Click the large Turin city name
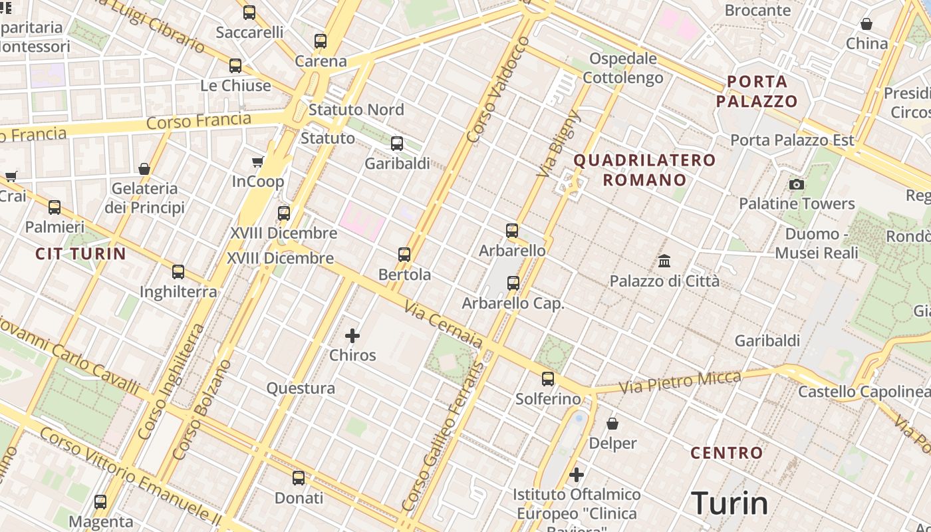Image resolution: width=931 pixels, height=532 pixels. coord(730,503)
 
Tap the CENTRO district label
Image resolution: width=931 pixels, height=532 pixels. coord(727,454)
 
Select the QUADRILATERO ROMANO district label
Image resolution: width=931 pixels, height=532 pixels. coord(644,170)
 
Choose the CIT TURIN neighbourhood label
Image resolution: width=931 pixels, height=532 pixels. coord(80,253)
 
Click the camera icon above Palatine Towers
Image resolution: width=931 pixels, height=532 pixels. coord(796,184)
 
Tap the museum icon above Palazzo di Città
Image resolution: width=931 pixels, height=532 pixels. coord(664,261)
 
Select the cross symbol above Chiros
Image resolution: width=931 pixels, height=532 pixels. coord(352,336)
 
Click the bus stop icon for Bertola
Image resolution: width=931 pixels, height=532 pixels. coord(404,255)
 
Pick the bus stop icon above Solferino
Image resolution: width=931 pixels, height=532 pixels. coord(547,379)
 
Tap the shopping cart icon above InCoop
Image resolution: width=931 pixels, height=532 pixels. coord(258,162)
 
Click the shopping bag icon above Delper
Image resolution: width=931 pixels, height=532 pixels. coord(612,424)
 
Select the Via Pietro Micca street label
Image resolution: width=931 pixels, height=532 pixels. coord(680,382)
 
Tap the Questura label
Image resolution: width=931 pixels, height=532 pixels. coord(301,388)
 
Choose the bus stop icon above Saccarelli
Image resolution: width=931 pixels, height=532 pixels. coord(249,12)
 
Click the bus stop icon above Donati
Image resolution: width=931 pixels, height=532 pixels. coord(299,477)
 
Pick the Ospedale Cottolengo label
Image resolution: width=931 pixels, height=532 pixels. coord(623,68)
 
